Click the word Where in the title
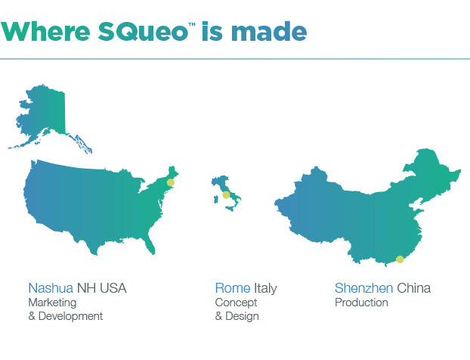point(45,31)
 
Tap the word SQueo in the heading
point(143,32)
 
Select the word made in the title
point(269,31)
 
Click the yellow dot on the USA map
point(171,182)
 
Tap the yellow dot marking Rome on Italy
point(226,195)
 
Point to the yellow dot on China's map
point(400,259)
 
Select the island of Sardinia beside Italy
point(215,200)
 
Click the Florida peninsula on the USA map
point(150,244)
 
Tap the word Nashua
point(51,288)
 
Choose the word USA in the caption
point(113,288)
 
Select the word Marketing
point(52,303)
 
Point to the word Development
point(71,316)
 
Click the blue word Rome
point(233,288)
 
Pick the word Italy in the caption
point(265,289)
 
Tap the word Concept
point(237,303)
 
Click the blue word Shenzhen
point(364,288)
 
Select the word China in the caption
point(414,288)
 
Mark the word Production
point(361,303)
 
